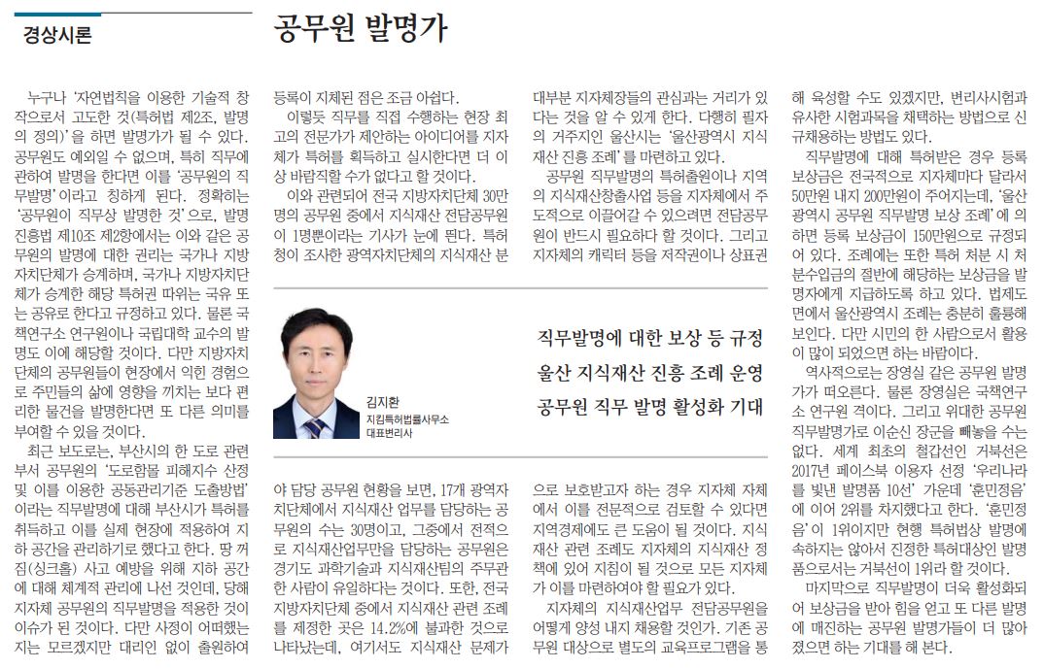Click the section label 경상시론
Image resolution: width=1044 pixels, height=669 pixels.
pos(57,37)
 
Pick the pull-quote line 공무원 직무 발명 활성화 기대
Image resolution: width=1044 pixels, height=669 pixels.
pos(649,406)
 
